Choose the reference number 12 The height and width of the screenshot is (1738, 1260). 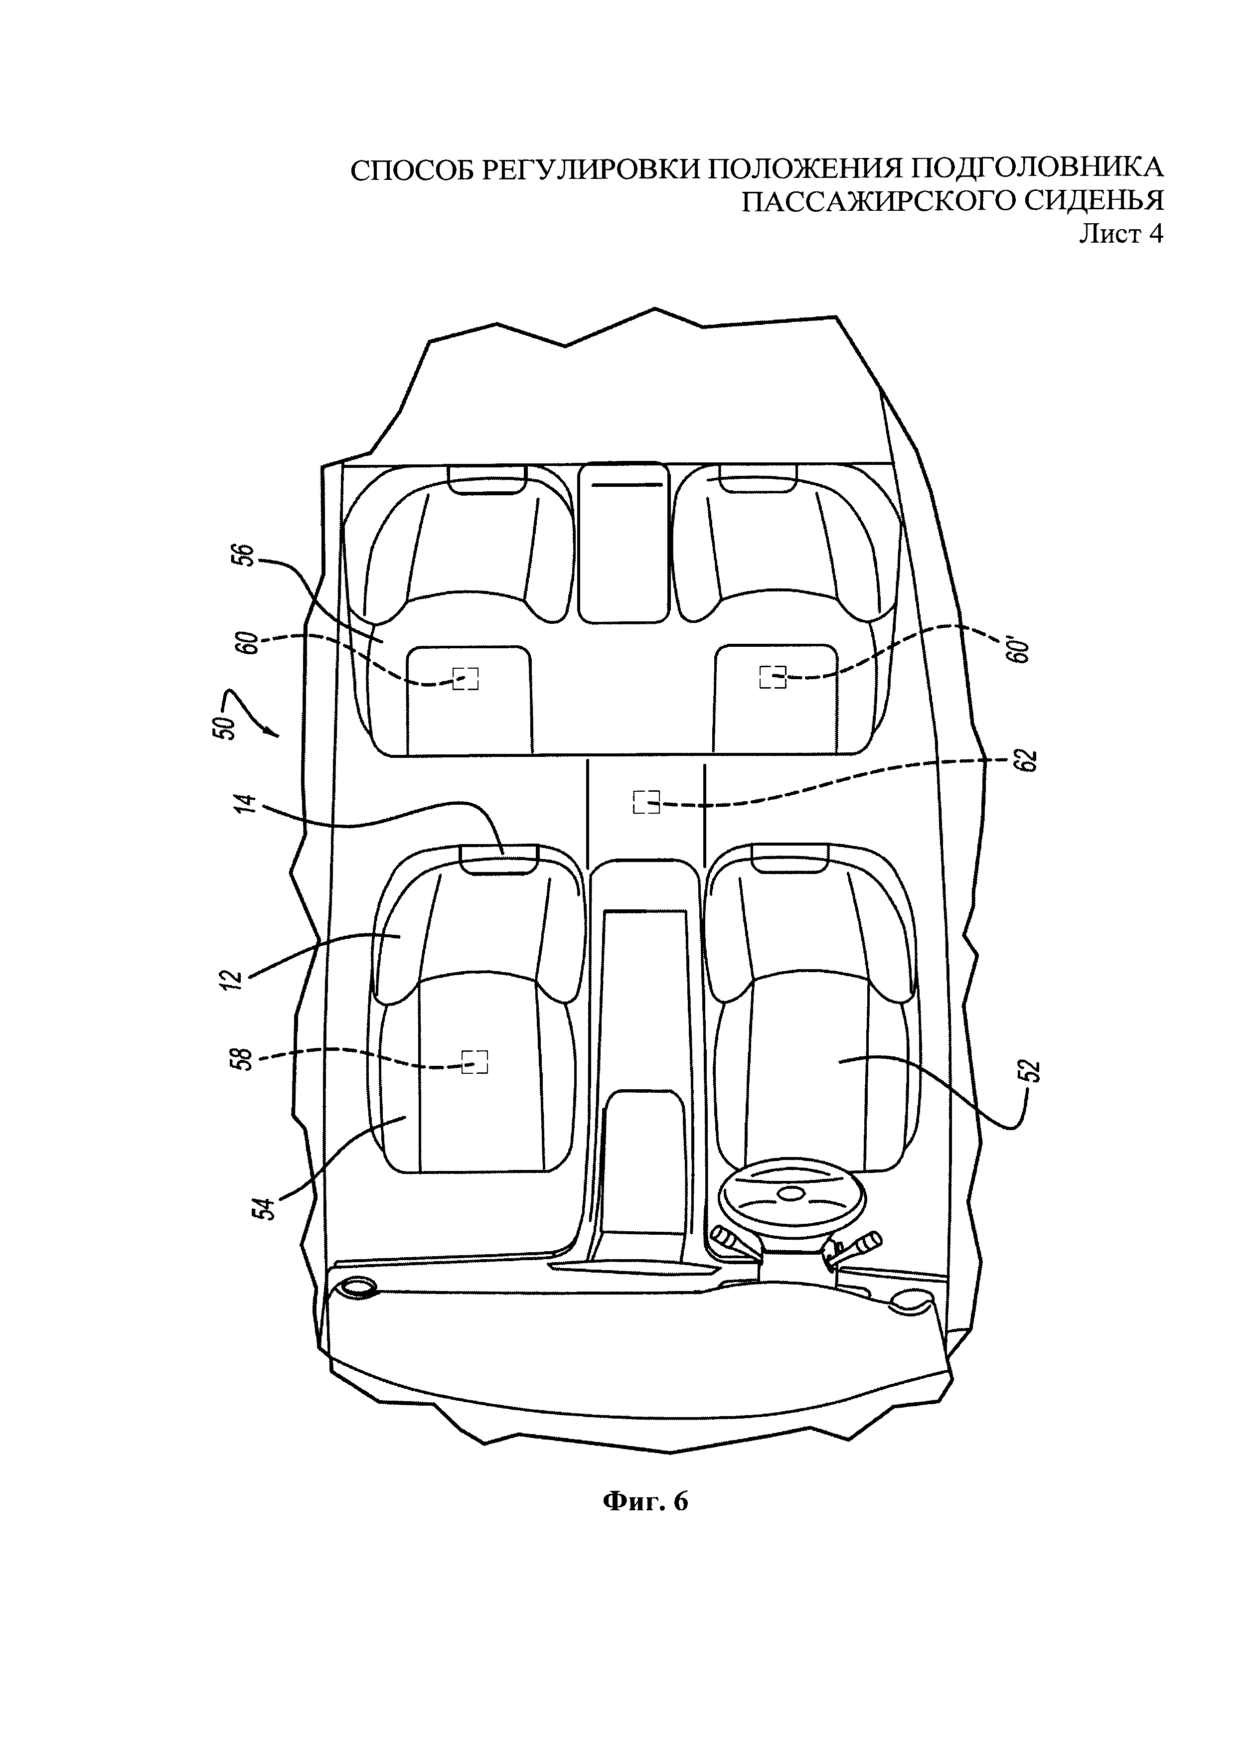pyautogui.click(x=235, y=979)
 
